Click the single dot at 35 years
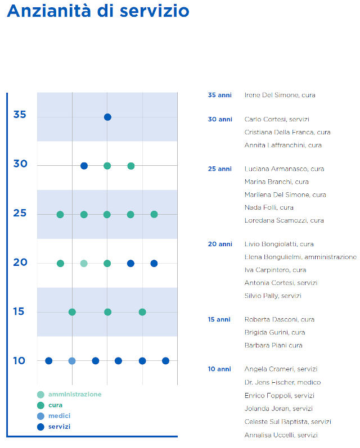pos(107,117)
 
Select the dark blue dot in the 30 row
pos(84,166)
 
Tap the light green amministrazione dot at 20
pos(84,263)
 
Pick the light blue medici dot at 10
pos(72,361)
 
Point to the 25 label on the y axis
pos(20,214)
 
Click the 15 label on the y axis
pos(20,312)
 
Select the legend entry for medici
pos(59,416)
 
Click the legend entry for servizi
pos(59,427)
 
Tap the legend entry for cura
pos(55,405)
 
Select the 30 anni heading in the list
pos(220,119)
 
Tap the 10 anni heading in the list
pos(219,369)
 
